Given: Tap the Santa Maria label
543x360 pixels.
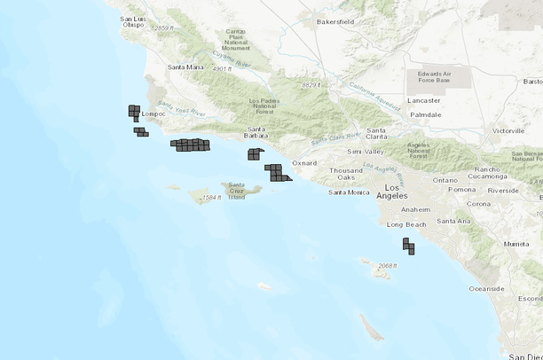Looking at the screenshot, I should coord(186,67).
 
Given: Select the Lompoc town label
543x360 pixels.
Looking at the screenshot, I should coord(154,114).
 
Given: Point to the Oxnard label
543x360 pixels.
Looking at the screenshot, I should coord(304,163).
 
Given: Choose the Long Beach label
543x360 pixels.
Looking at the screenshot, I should coord(406,224).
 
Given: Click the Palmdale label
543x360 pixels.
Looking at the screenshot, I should coord(425,115).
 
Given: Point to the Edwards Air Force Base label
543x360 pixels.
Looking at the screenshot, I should coord(428,78).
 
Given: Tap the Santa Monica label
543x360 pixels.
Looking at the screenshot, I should coord(349,192).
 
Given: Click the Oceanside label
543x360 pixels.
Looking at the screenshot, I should coord(486,288).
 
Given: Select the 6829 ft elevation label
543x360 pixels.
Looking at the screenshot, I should coord(310,84).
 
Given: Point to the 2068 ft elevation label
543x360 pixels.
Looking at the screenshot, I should coord(386,266).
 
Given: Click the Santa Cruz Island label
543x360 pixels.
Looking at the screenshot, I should coord(236,192).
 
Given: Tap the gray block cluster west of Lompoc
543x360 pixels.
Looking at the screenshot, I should coord(134,112).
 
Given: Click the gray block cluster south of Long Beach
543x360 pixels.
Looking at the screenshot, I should coord(407,246).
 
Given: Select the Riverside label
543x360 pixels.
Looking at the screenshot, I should coord(503,190).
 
